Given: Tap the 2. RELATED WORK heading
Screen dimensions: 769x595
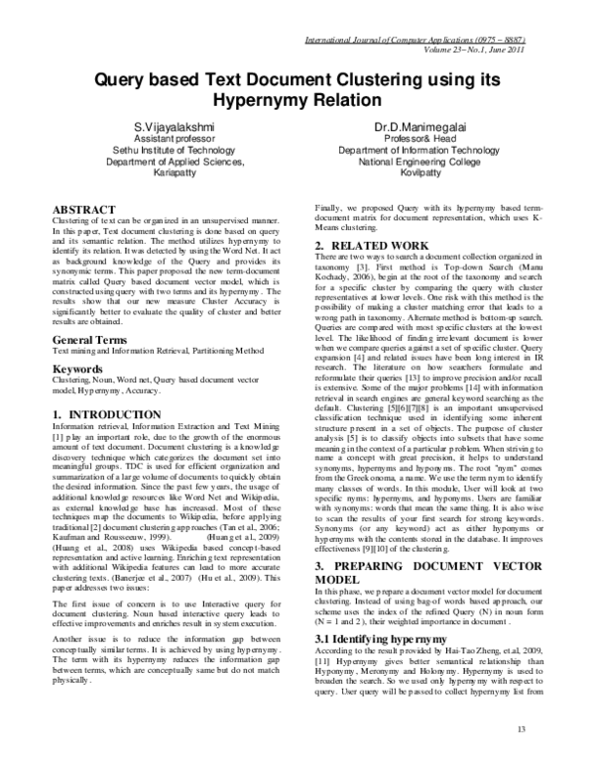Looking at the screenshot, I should [372, 245].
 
